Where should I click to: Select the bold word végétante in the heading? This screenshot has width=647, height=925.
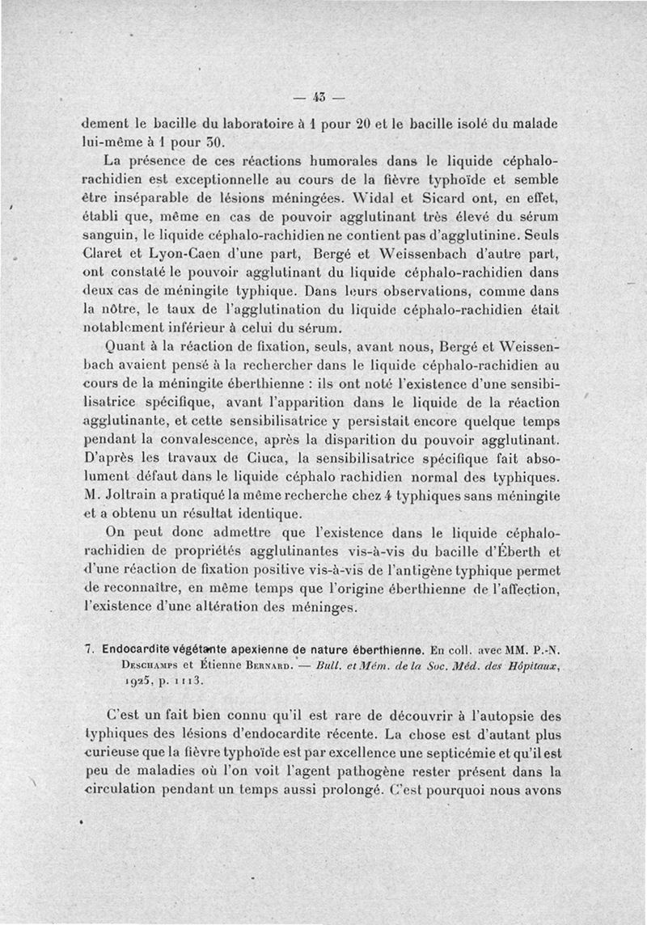coord(192,648)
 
